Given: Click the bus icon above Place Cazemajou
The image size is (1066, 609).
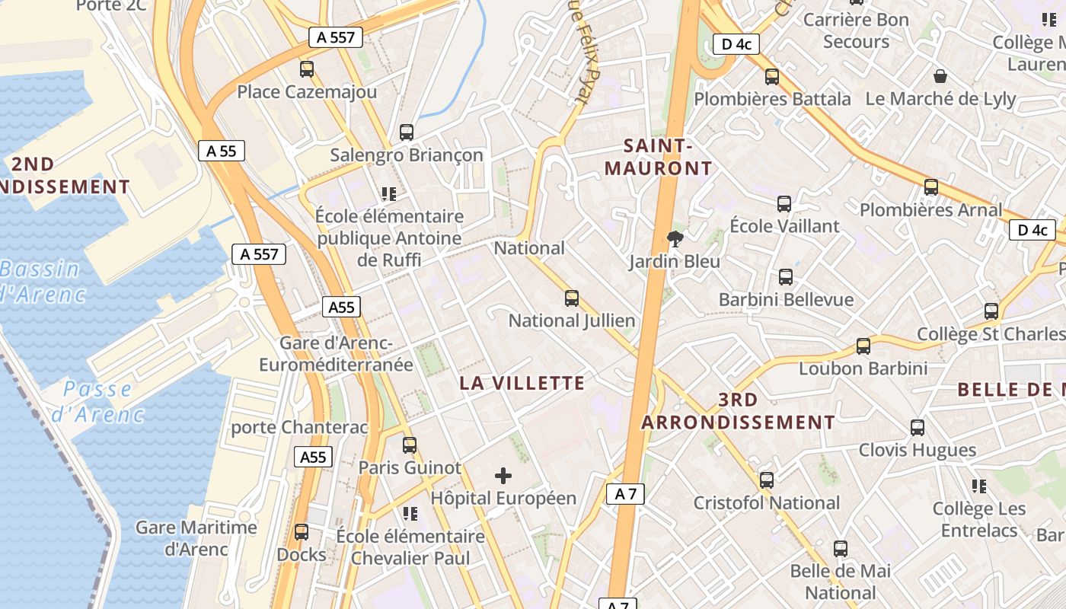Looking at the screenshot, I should point(307,69).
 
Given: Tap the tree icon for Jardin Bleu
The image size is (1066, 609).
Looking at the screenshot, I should point(675,240).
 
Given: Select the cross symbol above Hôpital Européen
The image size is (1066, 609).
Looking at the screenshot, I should point(503,477).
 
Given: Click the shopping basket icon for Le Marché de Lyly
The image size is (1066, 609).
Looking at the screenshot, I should point(940,76).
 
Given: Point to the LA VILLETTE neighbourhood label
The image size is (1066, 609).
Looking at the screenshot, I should point(522,383).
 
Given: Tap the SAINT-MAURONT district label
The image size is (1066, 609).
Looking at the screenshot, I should point(659,157).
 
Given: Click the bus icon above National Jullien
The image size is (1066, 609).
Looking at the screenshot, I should point(572,298).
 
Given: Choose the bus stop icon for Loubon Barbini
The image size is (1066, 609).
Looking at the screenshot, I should point(863,346).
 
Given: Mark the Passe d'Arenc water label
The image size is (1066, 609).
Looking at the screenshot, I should point(97,402).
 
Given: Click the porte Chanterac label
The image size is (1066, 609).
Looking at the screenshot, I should point(299,427).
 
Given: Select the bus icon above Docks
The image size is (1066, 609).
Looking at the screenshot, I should point(302,532).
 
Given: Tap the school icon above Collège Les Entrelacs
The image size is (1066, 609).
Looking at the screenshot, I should point(979,486).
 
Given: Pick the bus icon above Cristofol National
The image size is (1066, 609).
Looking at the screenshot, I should point(767,480).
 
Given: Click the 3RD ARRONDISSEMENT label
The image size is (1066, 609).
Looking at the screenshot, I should point(738,411).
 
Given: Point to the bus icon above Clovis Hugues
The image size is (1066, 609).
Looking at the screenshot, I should point(918,428).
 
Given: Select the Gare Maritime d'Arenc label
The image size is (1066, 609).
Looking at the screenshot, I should point(196,537).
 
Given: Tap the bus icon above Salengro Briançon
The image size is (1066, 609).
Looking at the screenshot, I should point(407,132).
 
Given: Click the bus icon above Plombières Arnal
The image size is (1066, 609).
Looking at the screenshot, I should point(930,187).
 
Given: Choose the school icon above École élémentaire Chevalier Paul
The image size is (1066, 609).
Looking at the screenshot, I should point(410,514).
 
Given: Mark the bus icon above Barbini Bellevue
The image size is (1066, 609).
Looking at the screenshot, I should point(786,277).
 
